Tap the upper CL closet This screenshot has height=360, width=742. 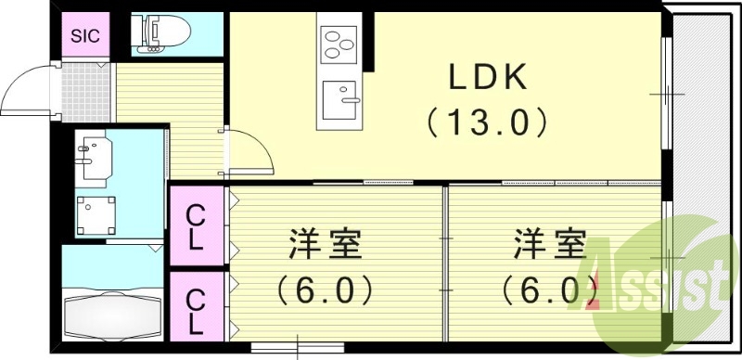(x=197, y=227)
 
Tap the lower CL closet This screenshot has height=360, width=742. (x=197, y=311)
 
